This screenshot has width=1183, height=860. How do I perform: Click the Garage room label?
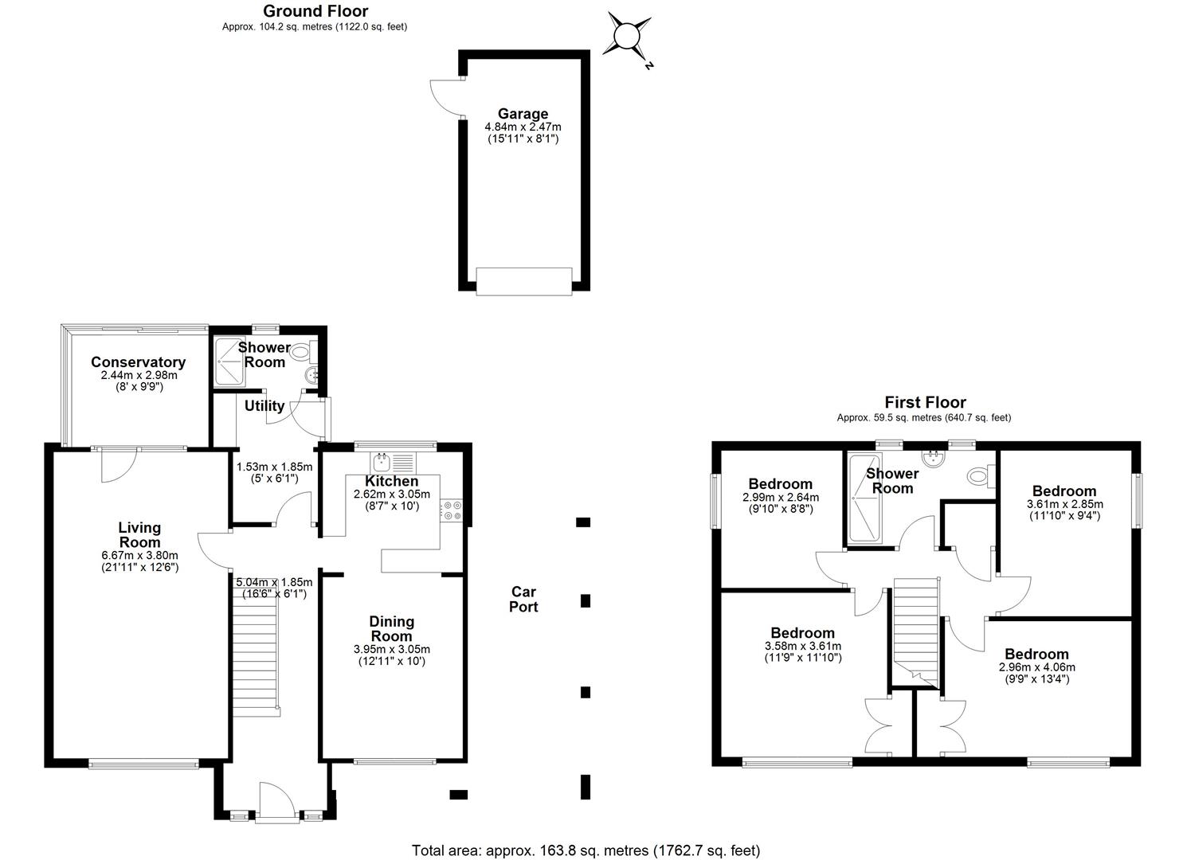523,114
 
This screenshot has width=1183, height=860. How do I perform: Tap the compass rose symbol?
627,37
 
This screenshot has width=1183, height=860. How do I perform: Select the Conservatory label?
139,362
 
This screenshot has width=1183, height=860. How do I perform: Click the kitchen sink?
382,463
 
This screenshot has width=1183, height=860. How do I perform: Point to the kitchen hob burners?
452,510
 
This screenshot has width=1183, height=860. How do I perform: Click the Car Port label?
523,599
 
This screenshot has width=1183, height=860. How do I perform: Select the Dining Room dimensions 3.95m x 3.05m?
391,649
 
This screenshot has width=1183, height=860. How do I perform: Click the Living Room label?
140,535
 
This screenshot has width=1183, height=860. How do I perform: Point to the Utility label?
264,406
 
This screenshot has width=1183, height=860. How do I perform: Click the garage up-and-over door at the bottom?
524,281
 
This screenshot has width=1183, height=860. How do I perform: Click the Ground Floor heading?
315,11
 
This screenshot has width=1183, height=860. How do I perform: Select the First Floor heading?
925,402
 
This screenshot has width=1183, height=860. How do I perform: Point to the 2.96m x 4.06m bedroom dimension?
1037,666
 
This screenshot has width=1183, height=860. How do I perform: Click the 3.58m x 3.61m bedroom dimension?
803,646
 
